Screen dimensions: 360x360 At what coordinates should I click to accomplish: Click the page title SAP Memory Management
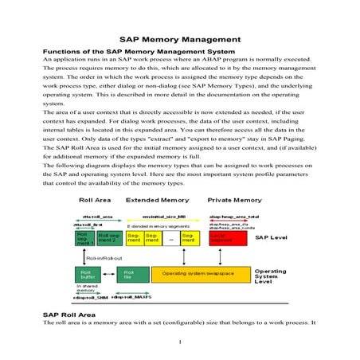[179, 38]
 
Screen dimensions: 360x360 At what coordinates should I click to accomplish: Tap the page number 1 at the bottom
[180, 343]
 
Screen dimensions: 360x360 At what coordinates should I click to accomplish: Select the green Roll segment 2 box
[109, 237]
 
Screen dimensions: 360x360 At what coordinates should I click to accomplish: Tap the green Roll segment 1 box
[84, 237]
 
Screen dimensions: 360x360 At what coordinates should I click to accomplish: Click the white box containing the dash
[169, 237]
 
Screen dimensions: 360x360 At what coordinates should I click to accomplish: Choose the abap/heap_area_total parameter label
[233, 216]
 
